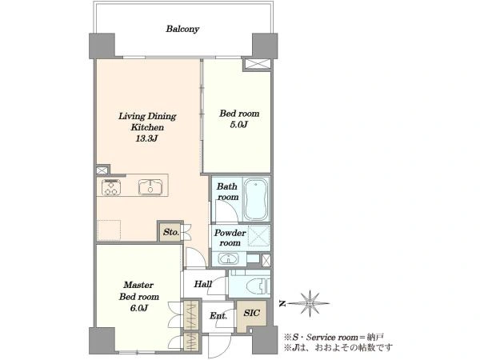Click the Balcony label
click(x=182, y=29)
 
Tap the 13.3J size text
click(x=146, y=138)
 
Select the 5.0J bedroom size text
click(x=238, y=125)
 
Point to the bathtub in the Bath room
click(x=257, y=199)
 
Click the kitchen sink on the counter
click(x=150, y=186)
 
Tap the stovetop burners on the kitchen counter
click(x=111, y=187)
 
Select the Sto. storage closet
click(x=170, y=232)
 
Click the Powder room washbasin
click(x=228, y=259)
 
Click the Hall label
click(x=202, y=284)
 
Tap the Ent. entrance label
click(x=218, y=316)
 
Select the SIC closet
click(x=252, y=317)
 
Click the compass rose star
click(x=310, y=304)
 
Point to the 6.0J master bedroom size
click(x=139, y=308)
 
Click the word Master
click(x=138, y=285)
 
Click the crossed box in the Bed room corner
click(x=258, y=64)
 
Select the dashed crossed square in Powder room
click(x=258, y=236)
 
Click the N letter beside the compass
click(x=282, y=304)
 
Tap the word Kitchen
click(x=147, y=127)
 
